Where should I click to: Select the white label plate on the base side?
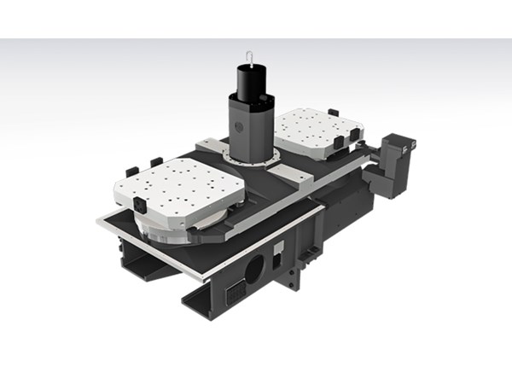coord(278,248)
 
